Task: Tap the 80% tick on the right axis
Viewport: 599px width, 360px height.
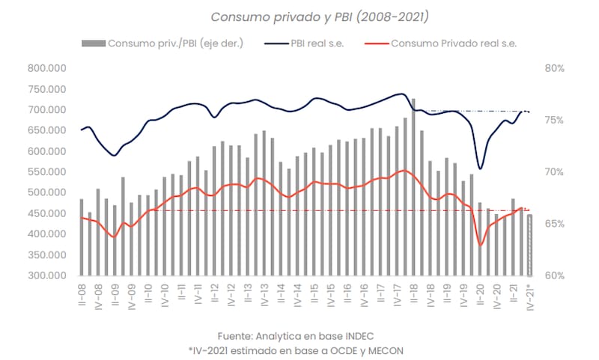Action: [554, 68]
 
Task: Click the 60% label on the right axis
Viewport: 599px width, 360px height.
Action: [554, 275]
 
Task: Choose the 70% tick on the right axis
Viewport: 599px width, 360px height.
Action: [554, 172]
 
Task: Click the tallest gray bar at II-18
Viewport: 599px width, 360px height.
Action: [413, 187]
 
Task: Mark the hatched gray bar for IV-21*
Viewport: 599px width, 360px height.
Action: [530, 245]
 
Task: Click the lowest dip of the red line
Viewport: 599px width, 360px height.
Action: [481, 245]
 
